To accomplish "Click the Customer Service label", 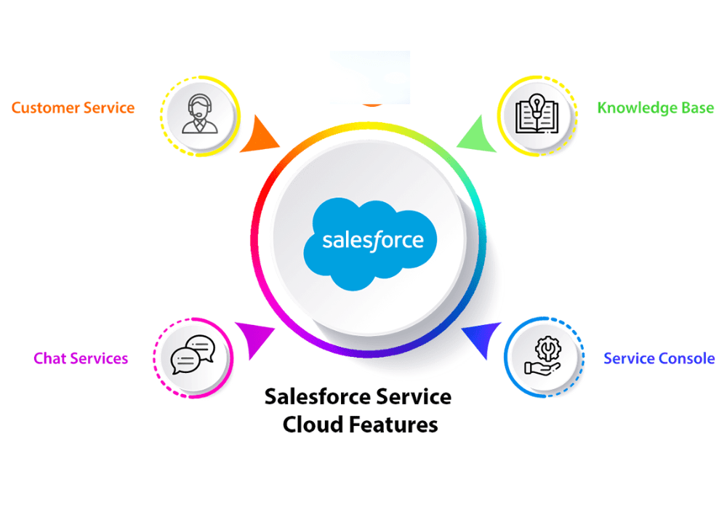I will tap(73, 108).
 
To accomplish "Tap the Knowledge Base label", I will tap(655, 108).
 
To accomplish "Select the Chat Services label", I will tap(81, 358).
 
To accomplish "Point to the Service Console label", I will tap(659, 358).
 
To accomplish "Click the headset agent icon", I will tap(200, 115).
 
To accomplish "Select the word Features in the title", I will tap(393, 423).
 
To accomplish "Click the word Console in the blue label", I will tap(687, 358).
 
